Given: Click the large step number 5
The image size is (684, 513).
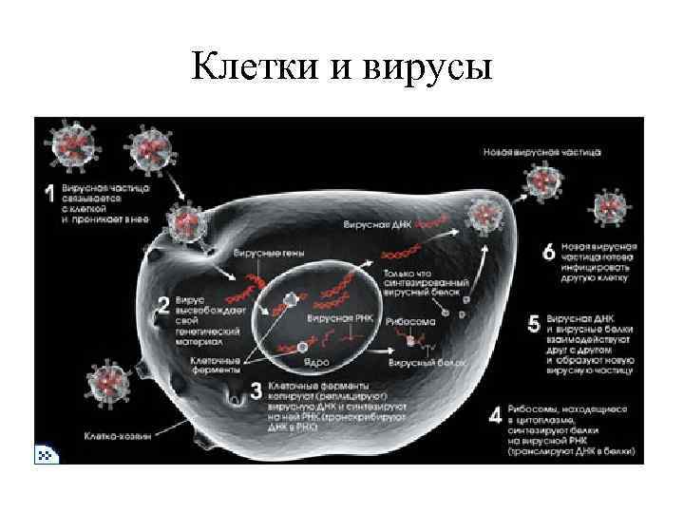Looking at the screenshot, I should point(534,324).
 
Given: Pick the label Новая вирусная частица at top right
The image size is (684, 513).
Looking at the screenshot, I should point(527,151).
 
